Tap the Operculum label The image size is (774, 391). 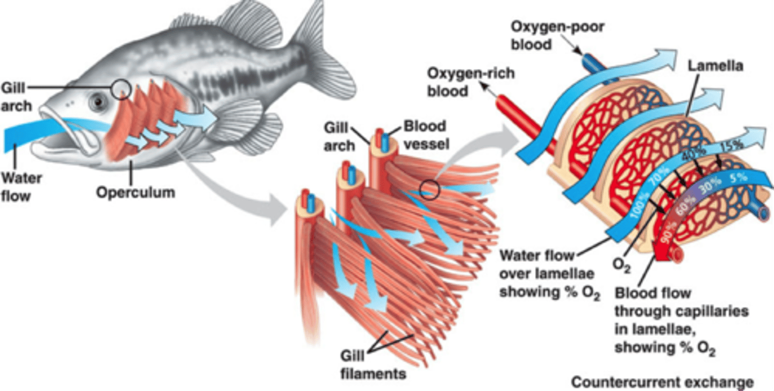click(135, 192)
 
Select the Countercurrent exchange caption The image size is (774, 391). click(662, 382)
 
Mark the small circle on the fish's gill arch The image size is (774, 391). click(121, 88)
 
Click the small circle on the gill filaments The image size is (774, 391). click(430, 189)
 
